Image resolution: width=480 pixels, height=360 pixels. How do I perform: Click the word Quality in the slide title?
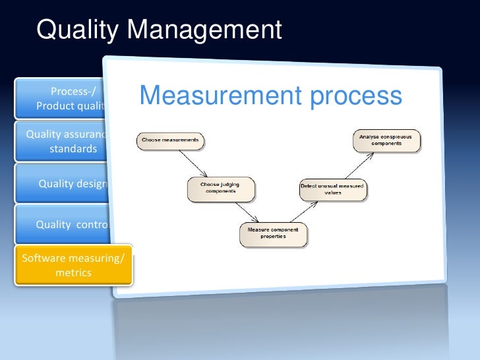tap(78, 30)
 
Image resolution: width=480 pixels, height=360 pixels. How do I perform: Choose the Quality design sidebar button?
tap(69, 183)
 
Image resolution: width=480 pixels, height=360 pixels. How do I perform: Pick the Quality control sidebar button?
tap(69, 224)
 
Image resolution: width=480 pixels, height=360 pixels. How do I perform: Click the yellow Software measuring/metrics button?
tap(73, 265)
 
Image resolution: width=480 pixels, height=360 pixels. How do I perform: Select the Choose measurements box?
tap(170, 140)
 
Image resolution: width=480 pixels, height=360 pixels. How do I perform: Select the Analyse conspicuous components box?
tap(386, 140)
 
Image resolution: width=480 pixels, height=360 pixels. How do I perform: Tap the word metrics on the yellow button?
tap(73, 272)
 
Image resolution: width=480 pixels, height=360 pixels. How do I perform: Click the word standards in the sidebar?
tap(73, 149)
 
